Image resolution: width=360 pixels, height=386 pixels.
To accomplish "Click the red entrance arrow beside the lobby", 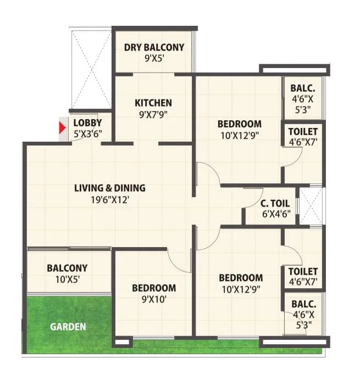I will (63, 129).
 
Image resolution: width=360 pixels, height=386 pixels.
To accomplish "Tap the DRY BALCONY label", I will (154, 47).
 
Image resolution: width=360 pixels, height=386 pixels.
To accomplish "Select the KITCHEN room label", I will (153, 103).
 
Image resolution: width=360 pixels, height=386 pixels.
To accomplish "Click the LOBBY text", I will (87, 122).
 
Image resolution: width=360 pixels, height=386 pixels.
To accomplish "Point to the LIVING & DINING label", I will (110, 188).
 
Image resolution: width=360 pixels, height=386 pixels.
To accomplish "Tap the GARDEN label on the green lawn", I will (68, 327).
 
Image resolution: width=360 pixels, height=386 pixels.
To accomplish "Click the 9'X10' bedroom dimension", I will (154, 299).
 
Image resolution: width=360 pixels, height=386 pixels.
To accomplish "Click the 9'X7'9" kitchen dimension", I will (153, 114).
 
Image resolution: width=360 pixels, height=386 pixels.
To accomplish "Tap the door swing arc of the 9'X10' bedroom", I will (179, 261).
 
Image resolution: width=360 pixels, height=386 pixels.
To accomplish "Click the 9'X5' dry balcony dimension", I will (154, 59).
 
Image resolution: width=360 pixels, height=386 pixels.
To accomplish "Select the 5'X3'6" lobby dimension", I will (87, 133).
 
